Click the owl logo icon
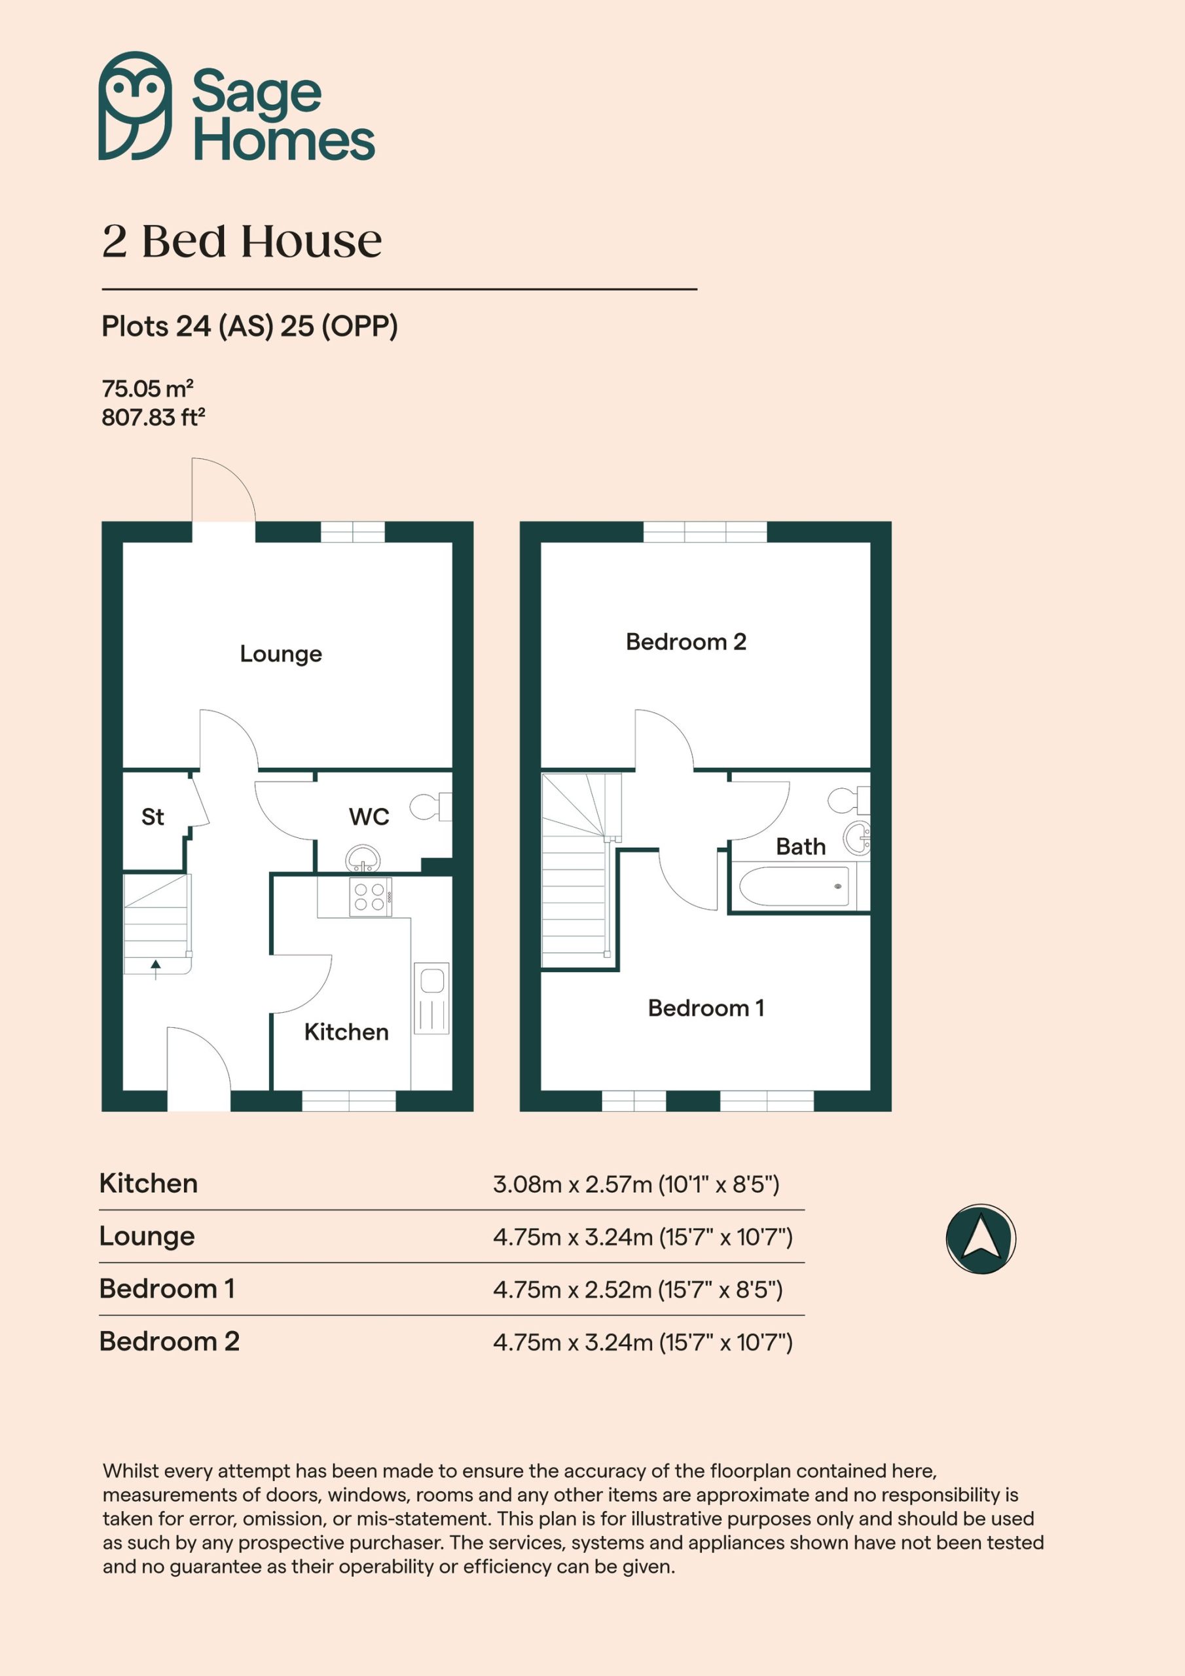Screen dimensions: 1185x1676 136,106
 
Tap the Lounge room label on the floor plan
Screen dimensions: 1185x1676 281,654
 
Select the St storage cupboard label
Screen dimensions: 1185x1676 153,816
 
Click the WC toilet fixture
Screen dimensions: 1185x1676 431,807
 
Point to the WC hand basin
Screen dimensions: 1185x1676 363,858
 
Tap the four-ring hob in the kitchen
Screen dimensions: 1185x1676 370,897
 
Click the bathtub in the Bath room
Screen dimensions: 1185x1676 794,886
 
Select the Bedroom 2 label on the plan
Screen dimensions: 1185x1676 686,642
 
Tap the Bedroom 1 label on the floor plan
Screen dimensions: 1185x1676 706,1008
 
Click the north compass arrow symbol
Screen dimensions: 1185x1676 981,1239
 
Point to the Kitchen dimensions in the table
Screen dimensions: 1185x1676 636,1184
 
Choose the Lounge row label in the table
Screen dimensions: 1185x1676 147,1237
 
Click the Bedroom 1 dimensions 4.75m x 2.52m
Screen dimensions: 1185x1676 572,1290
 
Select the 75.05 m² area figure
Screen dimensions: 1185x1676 147,388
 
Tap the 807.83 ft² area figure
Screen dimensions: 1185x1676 153,418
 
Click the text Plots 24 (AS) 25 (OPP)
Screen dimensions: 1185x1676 249,326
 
